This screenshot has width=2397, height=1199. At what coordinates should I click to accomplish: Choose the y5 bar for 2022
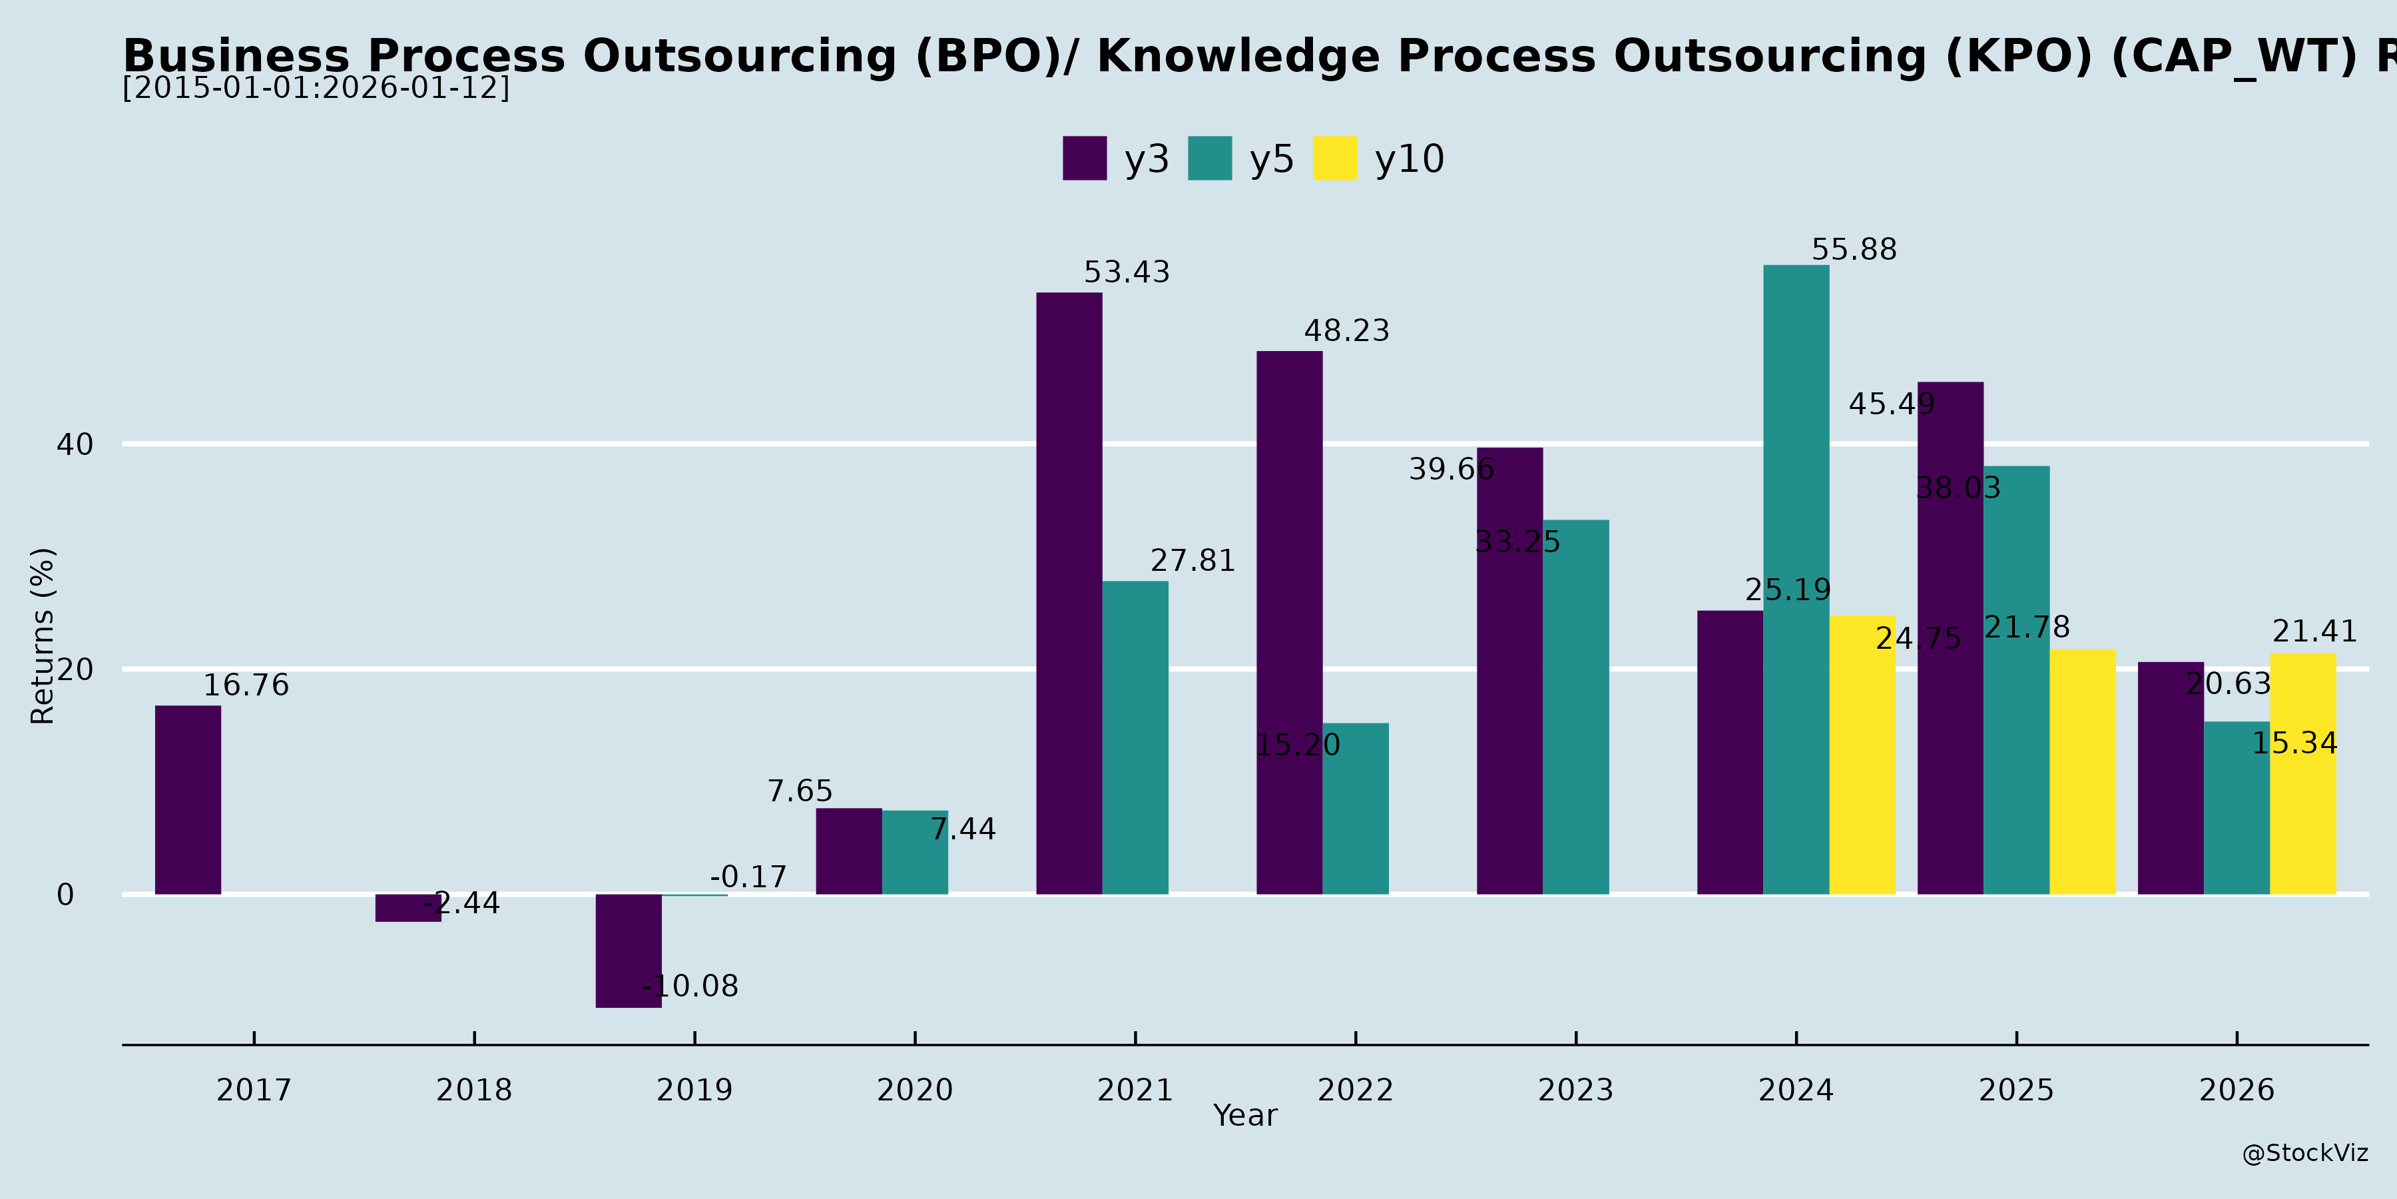(x=1356, y=808)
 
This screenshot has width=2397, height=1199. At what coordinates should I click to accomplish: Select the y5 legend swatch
(x=1210, y=159)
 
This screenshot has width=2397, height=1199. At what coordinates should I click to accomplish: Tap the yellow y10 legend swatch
(x=1335, y=159)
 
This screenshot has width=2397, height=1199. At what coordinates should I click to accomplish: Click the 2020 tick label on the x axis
(x=915, y=1090)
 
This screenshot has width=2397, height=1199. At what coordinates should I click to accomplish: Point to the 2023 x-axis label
(x=1575, y=1090)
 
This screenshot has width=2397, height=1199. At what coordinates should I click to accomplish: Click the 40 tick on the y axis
(x=75, y=445)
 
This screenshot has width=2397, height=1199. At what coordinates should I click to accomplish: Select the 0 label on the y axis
(x=65, y=895)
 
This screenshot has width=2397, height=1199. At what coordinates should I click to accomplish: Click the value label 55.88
(x=1854, y=250)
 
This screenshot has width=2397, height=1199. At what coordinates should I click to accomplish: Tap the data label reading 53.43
(x=1127, y=272)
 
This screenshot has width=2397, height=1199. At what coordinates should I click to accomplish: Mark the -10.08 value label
(x=690, y=986)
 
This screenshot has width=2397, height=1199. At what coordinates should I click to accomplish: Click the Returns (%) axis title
(x=43, y=636)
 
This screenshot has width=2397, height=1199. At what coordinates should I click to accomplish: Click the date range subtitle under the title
(x=316, y=89)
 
